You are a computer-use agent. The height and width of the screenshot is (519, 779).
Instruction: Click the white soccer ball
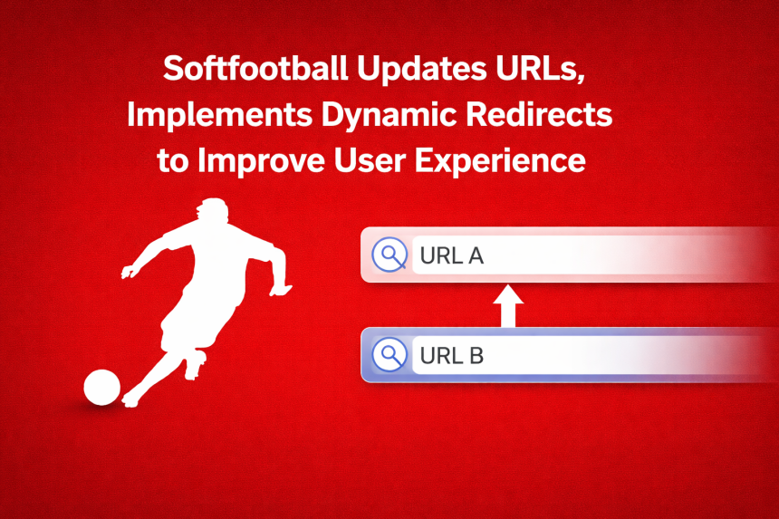point(101,388)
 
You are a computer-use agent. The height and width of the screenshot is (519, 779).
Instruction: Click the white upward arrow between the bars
point(508,306)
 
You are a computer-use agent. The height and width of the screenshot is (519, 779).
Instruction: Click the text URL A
point(452,256)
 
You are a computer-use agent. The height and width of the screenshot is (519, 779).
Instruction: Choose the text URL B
point(452,355)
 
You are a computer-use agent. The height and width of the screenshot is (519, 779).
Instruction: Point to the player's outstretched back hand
point(128,270)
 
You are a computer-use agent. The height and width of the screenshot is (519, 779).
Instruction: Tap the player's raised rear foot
point(195,368)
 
